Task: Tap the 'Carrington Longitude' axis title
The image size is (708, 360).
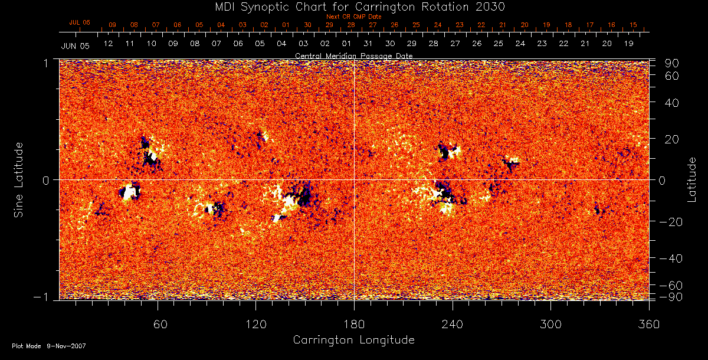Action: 353,340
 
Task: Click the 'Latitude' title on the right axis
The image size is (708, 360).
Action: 692,179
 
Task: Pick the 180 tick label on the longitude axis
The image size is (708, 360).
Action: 354,324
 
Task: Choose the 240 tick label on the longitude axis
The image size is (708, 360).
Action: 452,324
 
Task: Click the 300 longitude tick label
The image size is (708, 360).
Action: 550,324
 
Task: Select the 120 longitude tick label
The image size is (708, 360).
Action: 255,324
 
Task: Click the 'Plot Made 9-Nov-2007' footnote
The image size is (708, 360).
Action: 49,346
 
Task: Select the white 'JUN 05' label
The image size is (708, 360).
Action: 75,45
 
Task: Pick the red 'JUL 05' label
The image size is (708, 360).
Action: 80,22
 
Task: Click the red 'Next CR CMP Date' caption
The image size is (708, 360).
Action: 353,17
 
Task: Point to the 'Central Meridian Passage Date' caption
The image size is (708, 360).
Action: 353,55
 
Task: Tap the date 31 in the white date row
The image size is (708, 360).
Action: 368,44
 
